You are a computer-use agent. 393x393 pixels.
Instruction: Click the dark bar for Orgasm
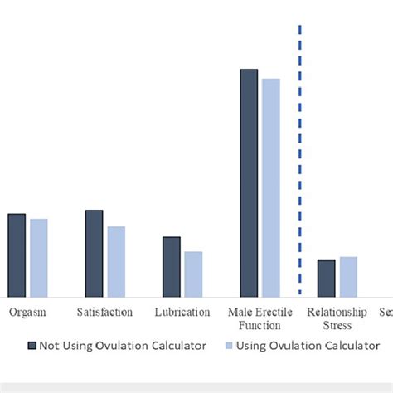17,255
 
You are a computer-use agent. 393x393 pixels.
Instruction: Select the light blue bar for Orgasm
39,258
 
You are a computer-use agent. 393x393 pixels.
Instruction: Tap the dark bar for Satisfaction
94,254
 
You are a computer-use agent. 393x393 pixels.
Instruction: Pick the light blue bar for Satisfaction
116,262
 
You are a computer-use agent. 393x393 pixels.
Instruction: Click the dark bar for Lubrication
172,267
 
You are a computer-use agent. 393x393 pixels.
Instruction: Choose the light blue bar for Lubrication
193,274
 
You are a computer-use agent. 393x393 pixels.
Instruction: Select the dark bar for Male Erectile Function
249,183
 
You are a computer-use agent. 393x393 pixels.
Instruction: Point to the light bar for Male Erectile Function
271,188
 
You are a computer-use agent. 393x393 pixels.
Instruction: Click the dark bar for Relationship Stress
327,279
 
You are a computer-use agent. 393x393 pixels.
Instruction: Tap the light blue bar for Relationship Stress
348,277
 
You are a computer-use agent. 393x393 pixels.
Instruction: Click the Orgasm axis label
27,313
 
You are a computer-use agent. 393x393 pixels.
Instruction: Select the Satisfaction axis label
104,313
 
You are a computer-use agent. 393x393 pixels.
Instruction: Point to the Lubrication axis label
182,313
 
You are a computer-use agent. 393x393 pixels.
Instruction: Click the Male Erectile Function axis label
260,319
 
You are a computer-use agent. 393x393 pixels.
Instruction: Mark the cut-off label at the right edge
386,313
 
